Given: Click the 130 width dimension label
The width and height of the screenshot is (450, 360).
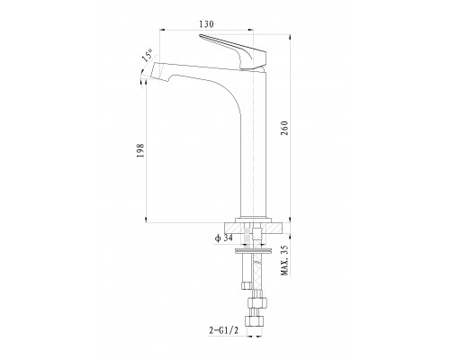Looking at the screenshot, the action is pos(207,24).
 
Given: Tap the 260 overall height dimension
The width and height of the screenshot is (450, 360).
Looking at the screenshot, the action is pos(284,128).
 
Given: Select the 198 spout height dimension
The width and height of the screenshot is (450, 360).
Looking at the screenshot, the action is pos(140,151).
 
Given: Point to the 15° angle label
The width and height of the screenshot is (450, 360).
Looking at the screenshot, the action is pos(148,55).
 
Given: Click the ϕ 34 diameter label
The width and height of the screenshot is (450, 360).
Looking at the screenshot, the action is pos(223,238).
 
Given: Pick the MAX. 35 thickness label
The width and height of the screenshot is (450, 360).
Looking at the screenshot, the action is pos(284,260).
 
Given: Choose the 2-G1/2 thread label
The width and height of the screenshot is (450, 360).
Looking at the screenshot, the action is pos(224,330).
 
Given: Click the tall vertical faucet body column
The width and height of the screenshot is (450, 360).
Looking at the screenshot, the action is pos(254,144).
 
